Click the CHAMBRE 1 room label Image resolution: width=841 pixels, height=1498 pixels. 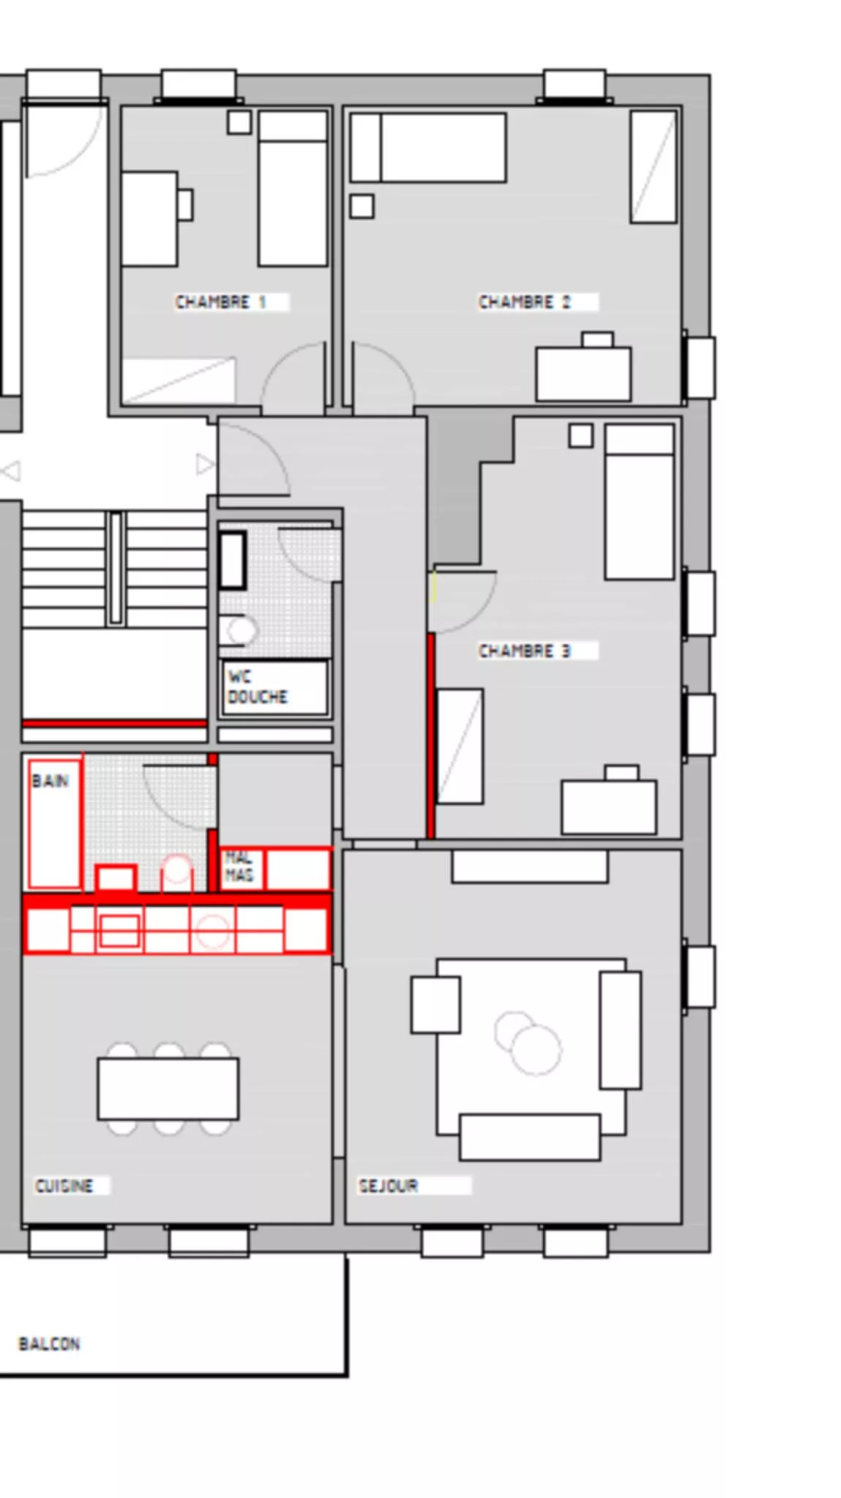pyautogui.click(x=220, y=302)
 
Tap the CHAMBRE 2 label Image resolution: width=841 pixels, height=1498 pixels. pyautogui.click(x=524, y=302)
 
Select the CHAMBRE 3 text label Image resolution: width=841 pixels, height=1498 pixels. pyautogui.click(x=524, y=650)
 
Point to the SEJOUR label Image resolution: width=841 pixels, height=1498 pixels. pyautogui.click(x=387, y=1185)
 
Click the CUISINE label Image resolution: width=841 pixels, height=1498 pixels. pyautogui.click(x=64, y=1185)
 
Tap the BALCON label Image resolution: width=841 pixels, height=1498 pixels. pyautogui.click(x=49, y=1343)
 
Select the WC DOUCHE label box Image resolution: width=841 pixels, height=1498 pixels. pyautogui.click(x=274, y=686)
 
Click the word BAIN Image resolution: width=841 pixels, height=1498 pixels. pyautogui.click(x=50, y=780)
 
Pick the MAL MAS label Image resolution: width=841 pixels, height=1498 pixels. pyautogui.click(x=239, y=866)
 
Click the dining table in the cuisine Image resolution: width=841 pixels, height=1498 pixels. pyautogui.click(x=168, y=1088)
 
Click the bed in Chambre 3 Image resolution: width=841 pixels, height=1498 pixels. pyautogui.click(x=639, y=501)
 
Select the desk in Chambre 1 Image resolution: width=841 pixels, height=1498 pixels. pyautogui.click(x=149, y=218)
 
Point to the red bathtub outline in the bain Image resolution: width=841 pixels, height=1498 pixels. pyautogui.click(x=54, y=823)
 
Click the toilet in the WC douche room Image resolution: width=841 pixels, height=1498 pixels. pyautogui.click(x=239, y=630)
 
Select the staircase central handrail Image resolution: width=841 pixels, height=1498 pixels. pyautogui.click(x=116, y=568)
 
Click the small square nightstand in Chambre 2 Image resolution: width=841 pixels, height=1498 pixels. pyautogui.click(x=362, y=206)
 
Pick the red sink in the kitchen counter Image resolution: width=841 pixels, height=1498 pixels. pyautogui.click(x=119, y=931)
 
